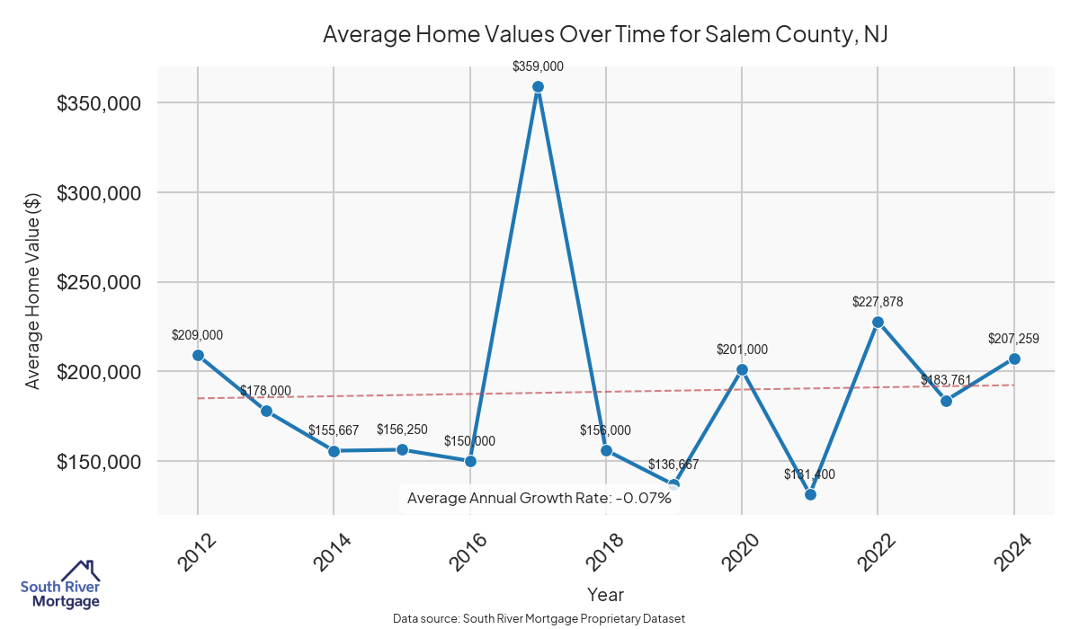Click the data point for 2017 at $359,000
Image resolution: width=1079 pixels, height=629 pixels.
[538, 87]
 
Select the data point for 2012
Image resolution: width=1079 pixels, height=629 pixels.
[198, 355]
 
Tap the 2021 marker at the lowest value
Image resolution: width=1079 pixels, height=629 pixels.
[810, 494]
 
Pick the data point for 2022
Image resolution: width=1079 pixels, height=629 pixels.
[878, 322]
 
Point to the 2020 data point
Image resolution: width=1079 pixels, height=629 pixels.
[742, 369]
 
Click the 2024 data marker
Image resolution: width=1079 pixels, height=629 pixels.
[1014, 359]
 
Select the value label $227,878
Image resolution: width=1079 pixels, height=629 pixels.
[878, 302]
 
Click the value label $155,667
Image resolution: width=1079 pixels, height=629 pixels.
[334, 431]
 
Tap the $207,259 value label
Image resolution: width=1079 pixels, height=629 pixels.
[1014, 339]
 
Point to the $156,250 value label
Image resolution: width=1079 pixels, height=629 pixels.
[402, 430]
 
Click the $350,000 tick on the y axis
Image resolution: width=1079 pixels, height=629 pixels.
[98, 103]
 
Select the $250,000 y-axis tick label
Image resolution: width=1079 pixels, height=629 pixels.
[98, 283]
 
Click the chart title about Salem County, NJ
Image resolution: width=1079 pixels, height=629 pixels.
[605, 35]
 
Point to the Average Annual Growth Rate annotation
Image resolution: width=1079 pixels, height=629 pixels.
[539, 498]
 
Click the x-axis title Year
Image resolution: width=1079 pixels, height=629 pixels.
[605, 594]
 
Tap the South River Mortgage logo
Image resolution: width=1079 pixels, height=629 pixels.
[60, 585]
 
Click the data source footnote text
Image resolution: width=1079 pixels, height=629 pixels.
[539, 619]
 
